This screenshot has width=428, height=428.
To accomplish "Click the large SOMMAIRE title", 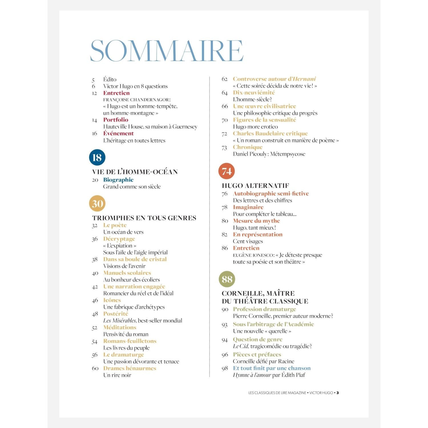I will tap(167, 51).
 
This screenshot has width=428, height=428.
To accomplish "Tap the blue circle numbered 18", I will tap(97, 157).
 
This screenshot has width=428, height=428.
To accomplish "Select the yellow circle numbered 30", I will tap(97, 203).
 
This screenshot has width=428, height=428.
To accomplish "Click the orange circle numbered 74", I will tap(227, 171).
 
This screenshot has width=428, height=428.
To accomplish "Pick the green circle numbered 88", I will tap(227, 279).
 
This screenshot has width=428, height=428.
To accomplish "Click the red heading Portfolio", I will tap(116, 120).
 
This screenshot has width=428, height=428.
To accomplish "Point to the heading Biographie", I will tap(118, 180).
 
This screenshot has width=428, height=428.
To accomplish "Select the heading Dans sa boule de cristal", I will tap(135, 259).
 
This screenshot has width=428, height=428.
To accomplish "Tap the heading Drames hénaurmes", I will tap(130, 368).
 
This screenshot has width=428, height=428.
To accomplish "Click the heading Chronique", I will tap(247, 147).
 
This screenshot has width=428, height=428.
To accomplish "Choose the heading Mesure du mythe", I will tap(256, 221).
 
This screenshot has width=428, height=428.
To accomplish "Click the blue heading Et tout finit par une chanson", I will tap(272, 368).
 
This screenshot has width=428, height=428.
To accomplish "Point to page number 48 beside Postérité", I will tap(95, 314).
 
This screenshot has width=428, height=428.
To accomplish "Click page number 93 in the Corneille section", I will tap(225, 325).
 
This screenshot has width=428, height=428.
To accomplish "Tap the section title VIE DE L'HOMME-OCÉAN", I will tap(135, 172).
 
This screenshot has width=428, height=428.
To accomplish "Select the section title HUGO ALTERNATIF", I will tap(255, 186).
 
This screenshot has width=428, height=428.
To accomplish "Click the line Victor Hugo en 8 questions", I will tap(135, 86).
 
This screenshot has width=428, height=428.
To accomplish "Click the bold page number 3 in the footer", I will tap(338, 393).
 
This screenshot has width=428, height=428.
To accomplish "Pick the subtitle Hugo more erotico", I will tap(255, 127).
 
